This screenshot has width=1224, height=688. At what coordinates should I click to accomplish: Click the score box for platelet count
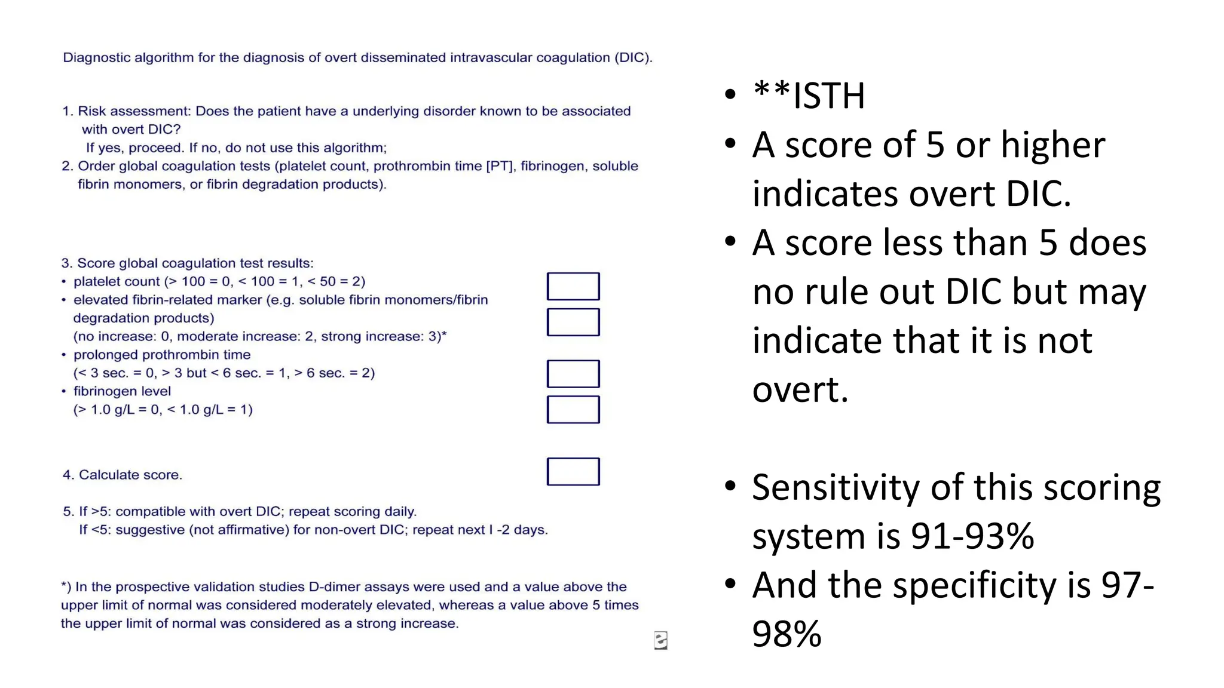tap(573, 286)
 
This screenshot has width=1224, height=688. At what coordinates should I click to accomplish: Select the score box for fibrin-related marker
tap(573, 322)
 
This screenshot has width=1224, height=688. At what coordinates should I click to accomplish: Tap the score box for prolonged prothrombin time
tap(573, 374)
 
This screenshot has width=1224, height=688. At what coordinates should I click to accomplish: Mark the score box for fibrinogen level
tap(573, 410)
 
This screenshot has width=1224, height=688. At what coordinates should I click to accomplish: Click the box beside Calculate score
tap(573, 472)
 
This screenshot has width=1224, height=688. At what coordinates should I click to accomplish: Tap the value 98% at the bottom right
tap(787, 634)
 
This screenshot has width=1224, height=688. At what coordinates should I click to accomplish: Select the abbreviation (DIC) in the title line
tap(634, 57)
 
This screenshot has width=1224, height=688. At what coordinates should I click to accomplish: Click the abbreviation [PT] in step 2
tap(501, 166)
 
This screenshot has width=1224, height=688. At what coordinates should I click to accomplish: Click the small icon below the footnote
tap(660, 640)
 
